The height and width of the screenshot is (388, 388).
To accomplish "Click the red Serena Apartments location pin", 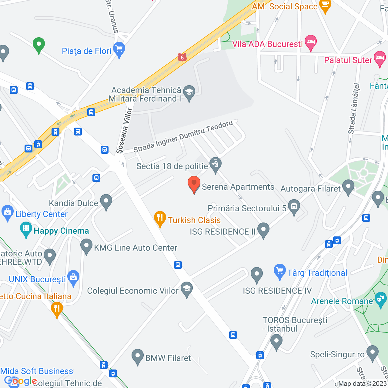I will pos(194,184).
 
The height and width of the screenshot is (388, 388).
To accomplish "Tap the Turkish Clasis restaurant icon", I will pos(160,218).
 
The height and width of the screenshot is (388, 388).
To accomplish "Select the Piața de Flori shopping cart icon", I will pos(119,49).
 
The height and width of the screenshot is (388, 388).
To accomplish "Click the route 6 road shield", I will pos(182,57).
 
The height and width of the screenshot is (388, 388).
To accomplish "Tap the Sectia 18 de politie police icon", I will pos(215,165).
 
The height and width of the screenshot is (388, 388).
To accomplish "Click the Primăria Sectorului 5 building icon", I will pos(294,207).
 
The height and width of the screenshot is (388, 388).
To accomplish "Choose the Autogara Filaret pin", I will pos(348,187).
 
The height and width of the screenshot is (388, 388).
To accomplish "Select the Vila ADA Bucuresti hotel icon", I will pos(310,42).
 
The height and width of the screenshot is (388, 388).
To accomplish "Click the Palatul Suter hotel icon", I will pos(380,59).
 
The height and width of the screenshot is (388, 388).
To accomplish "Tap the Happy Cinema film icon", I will pos(26,229).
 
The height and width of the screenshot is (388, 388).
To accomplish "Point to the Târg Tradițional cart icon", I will pos(279,271).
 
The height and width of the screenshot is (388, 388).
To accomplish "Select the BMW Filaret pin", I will pos(138,356).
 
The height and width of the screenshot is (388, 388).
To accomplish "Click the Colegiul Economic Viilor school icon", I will pos(187,289).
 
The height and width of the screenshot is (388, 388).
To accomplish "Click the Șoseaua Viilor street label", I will pos(125,130).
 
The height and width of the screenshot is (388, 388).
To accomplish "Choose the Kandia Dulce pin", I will pos(106,201).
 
